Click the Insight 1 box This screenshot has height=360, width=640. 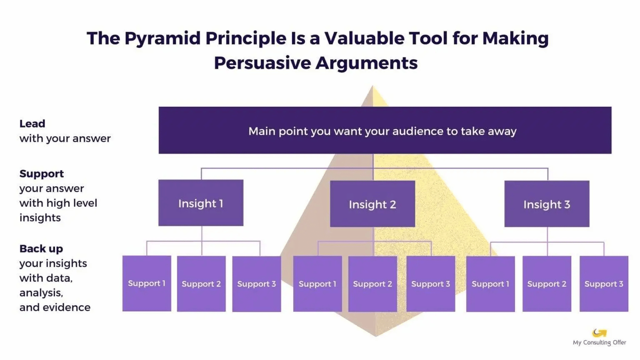[x=200, y=203]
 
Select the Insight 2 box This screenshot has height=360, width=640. [x=372, y=204]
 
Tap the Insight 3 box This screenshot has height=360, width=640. [x=547, y=204]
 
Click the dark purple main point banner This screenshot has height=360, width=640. [x=385, y=130]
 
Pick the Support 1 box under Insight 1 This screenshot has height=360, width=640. [x=147, y=283]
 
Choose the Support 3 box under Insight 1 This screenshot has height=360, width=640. [x=256, y=284]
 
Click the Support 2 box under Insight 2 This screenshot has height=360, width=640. [x=372, y=284]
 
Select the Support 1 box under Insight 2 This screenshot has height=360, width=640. [x=317, y=284]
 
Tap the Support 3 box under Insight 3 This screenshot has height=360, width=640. [x=603, y=284]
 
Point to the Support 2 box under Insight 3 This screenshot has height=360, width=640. [x=546, y=284]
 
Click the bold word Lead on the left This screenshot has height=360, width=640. [x=32, y=124]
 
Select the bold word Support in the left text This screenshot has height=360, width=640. [x=41, y=174]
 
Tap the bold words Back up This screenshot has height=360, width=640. [x=41, y=249]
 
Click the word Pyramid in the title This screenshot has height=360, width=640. [x=162, y=38]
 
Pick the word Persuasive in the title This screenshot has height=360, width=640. [x=262, y=63]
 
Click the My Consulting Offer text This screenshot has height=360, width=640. [x=599, y=342]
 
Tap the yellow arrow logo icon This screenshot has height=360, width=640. [x=599, y=332]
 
